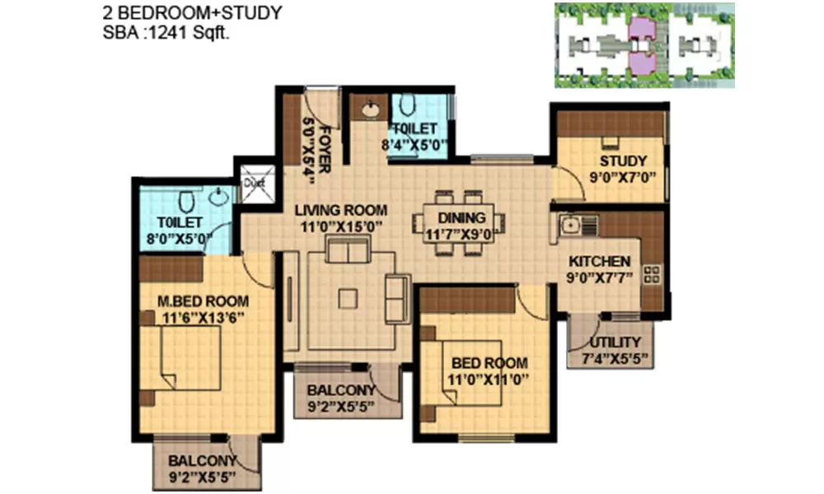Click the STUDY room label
623,161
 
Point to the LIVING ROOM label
340,211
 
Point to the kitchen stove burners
652,274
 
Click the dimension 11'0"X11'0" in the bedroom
489,380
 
